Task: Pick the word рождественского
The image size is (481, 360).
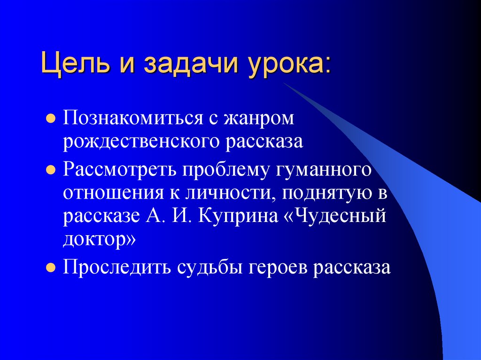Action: point(142,141)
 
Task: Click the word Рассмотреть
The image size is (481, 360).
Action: point(118,169)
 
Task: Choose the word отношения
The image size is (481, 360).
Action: point(112,193)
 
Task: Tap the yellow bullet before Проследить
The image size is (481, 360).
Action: point(50,268)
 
